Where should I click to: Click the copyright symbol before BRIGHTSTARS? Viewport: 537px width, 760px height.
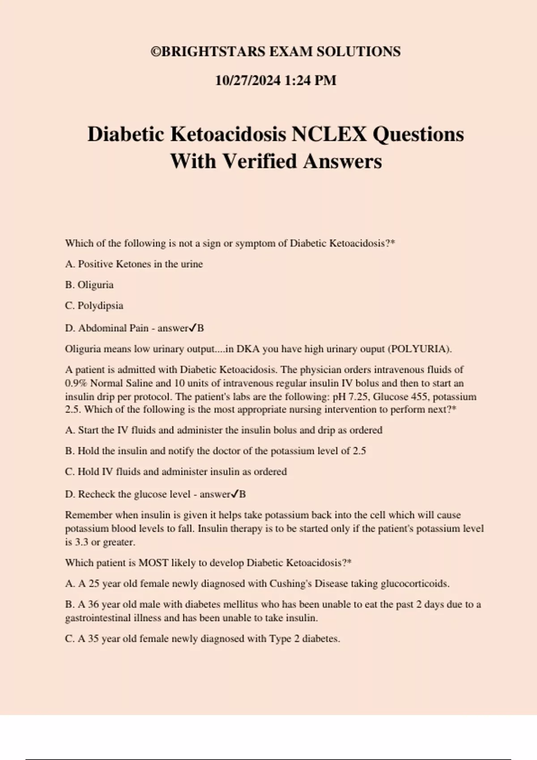pyautogui.click(x=155, y=52)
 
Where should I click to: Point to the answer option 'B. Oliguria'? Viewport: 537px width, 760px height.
pyautogui.click(x=89, y=285)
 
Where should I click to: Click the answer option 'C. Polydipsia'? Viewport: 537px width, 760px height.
pyautogui.click(x=94, y=306)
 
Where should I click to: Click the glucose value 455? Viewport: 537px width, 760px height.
pyautogui.click(x=419, y=397)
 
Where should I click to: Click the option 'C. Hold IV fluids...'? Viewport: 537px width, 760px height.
pyautogui.click(x=176, y=472)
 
